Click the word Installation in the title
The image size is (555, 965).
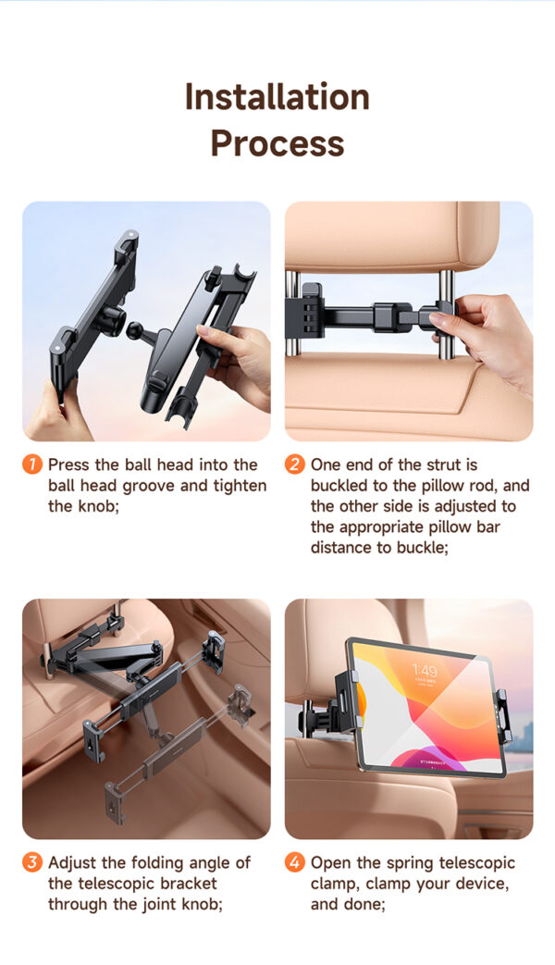pyautogui.click(x=277, y=97)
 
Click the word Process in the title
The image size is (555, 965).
pyautogui.click(x=277, y=143)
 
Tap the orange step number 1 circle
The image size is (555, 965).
pyautogui.click(x=32, y=464)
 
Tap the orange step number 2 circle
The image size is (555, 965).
pyautogui.click(x=295, y=464)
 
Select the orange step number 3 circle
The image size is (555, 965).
pyautogui.click(x=32, y=861)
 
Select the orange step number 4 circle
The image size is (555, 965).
pyautogui.click(x=295, y=861)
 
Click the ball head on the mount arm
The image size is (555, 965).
pyautogui.click(x=134, y=330)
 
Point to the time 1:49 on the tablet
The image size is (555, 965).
pyautogui.click(x=425, y=670)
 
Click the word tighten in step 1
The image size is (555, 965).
pyautogui.click(x=240, y=486)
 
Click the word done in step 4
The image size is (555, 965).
pyautogui.click(x=368, y=904)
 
